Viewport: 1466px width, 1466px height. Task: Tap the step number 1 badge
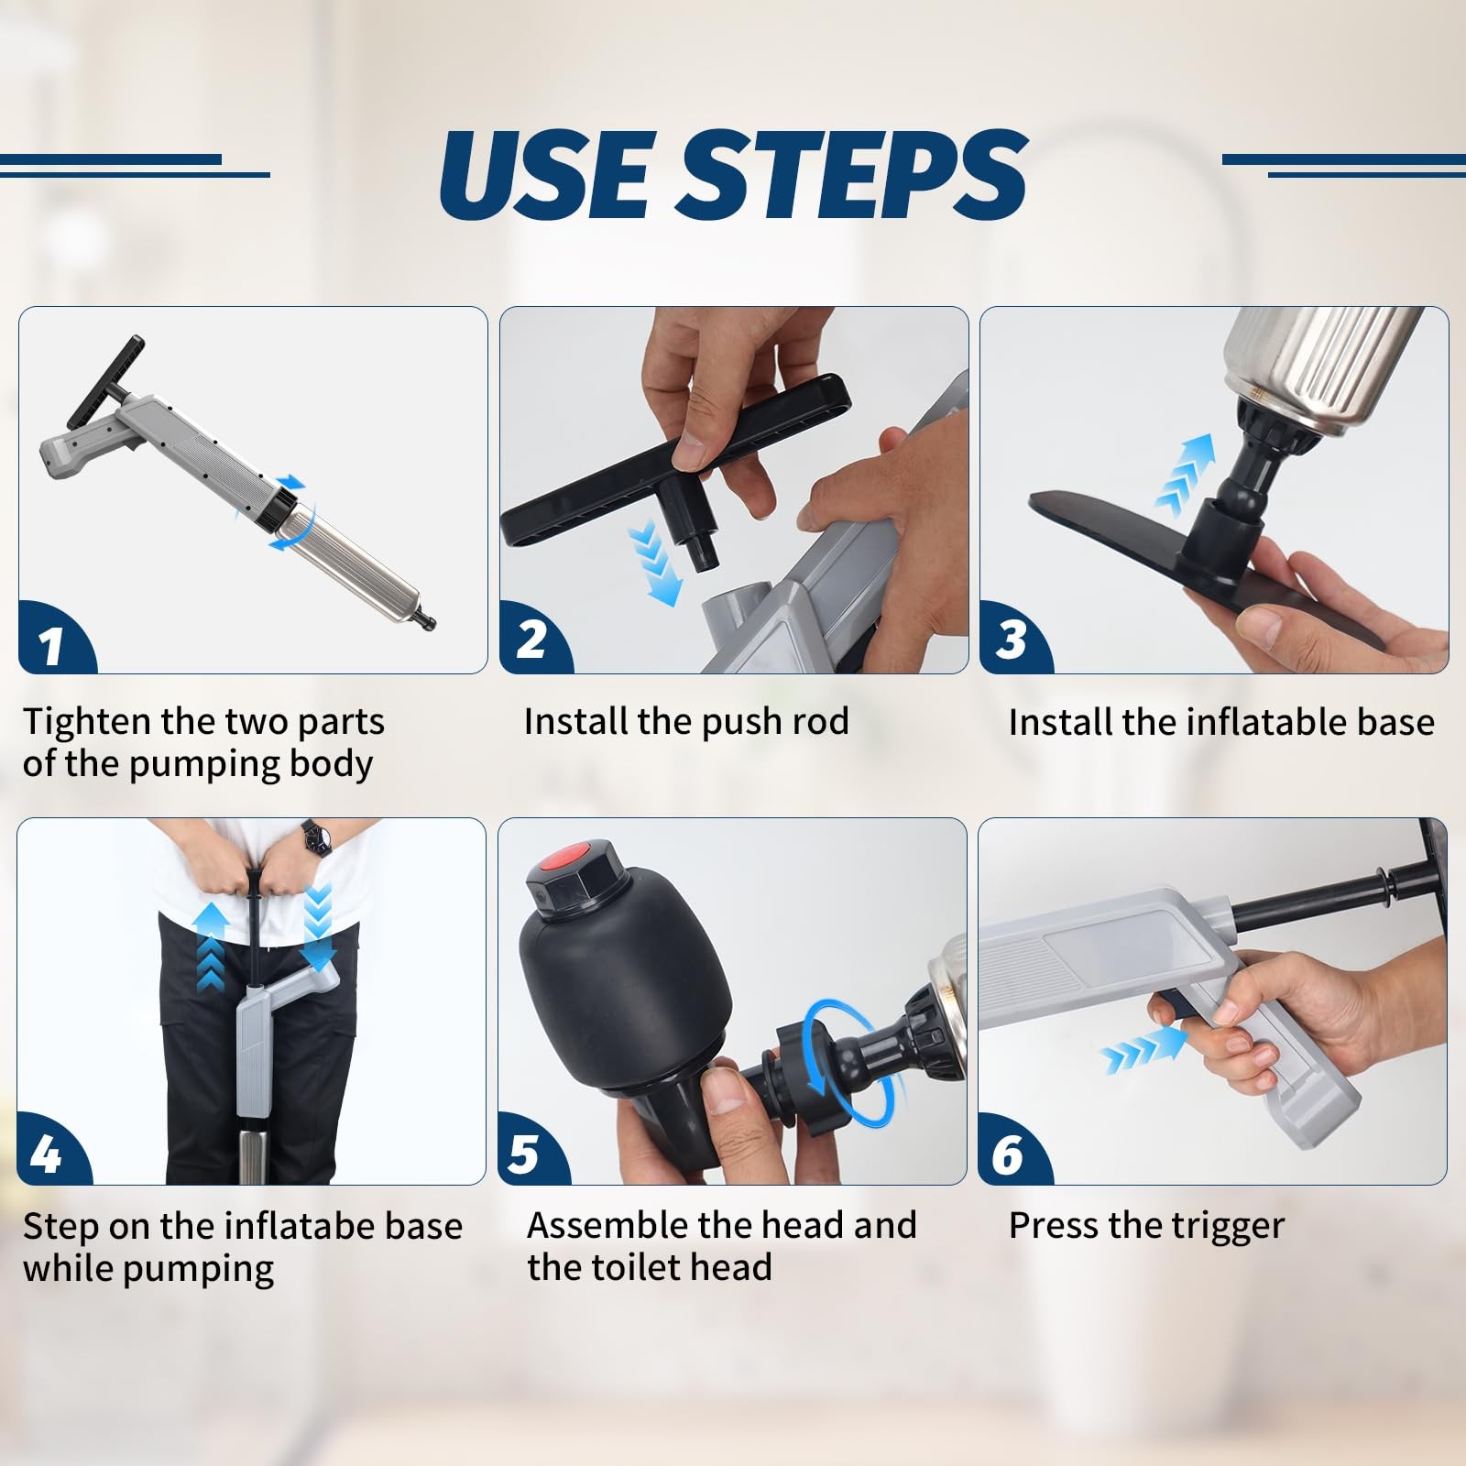55,639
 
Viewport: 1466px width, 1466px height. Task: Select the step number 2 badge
535,639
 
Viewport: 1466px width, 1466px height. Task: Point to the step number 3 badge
1015,639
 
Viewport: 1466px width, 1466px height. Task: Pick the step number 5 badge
533,1150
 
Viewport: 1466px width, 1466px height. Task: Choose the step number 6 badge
1013,1150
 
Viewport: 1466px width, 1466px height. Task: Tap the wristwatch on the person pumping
316,837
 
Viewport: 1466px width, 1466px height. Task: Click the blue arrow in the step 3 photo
1186,474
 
